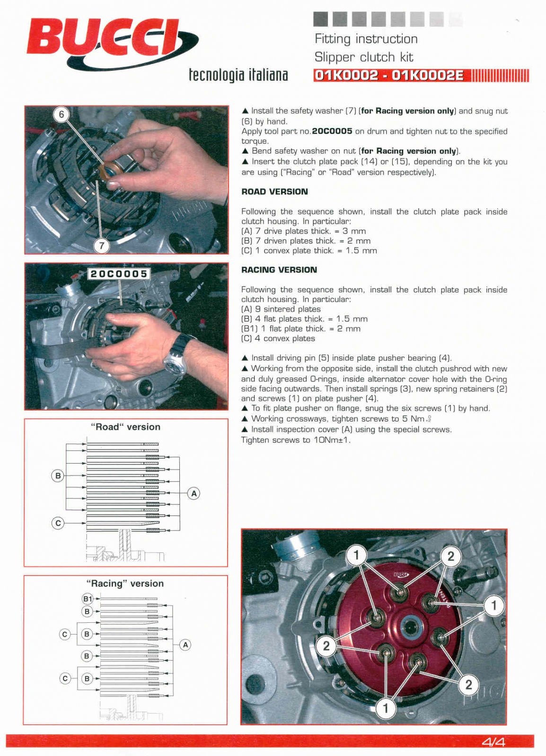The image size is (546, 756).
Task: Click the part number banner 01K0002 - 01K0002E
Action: click(389, 75)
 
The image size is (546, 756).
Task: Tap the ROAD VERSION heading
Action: click(274, 191)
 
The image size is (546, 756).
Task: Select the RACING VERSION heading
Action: click(279, 270)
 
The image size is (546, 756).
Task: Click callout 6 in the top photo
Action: click(62, 114)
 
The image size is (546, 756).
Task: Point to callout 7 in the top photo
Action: click(101, 245)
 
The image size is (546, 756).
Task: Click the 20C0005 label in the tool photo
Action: click(119, 274)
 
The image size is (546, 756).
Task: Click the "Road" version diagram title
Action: click(125, 427)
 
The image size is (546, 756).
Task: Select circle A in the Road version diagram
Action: click(194, 493)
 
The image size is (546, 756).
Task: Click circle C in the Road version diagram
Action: click(58, 523)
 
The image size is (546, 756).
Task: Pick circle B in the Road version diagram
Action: click(58, 475)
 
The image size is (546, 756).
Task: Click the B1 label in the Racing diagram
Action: click(88, 599)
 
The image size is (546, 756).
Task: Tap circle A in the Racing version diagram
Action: click(185, 644)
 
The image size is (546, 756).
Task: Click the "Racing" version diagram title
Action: click(125, 584)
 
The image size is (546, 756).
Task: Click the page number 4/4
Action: click(493, 742)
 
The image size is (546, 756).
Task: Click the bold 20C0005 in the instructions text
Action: click(332, 131)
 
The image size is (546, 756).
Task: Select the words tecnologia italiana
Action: click(238, 74)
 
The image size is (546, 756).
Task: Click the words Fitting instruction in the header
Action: click(366, 39)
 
